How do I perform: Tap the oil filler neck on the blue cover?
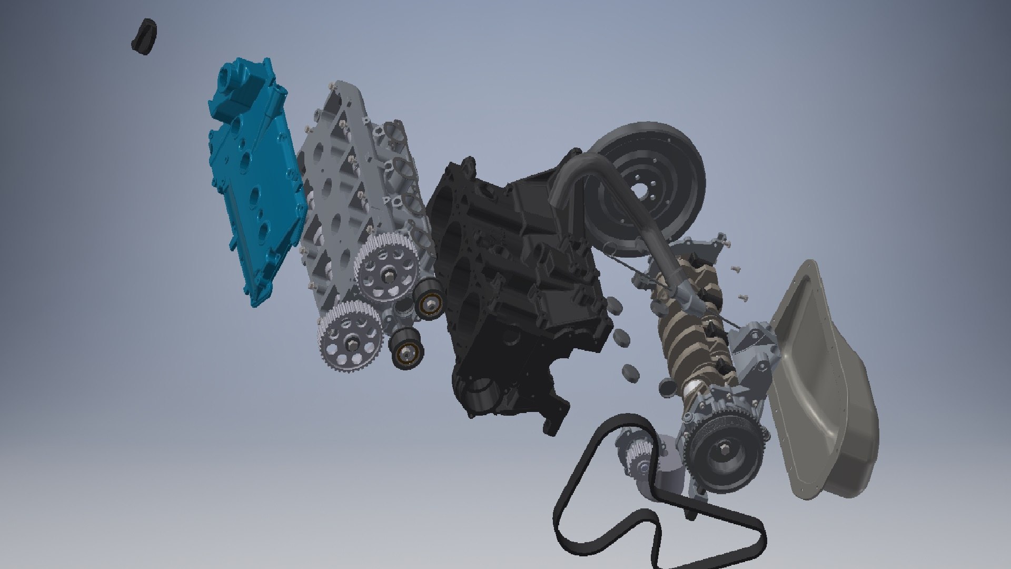[x=232, y=79]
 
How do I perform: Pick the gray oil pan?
[x=821, y=385]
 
